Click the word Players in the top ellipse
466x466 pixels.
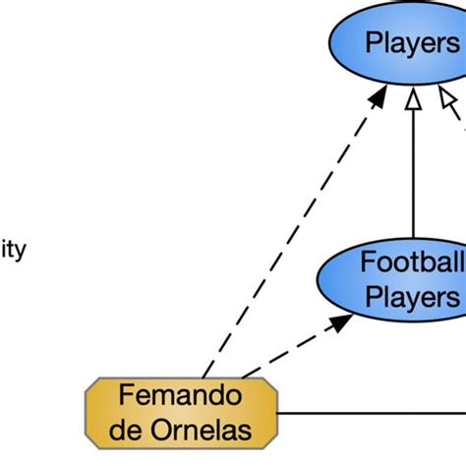point(412,43)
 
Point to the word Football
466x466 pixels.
point(412,262)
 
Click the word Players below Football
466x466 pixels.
point(412,297)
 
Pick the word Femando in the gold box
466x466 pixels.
point(180,396)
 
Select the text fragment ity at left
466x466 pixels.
point(12,249)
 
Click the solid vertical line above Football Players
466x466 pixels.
point(414,177)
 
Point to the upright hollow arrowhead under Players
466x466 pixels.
point(414,99)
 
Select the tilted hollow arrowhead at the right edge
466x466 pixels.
point(448,99)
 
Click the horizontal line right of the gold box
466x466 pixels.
point(374,414)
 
